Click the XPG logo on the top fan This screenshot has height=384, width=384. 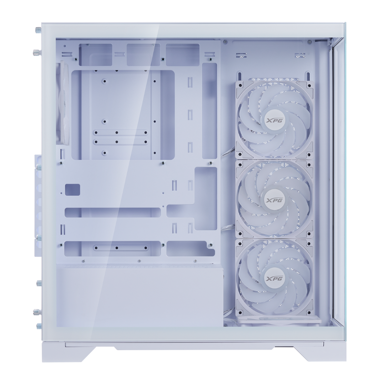tap(274, 120)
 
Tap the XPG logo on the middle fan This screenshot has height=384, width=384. tap(274, 199)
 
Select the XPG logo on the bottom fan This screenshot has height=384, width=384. tap(274, 278)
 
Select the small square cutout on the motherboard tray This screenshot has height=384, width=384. tap(73, 190)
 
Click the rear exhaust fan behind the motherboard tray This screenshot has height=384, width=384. tap(63, 103)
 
